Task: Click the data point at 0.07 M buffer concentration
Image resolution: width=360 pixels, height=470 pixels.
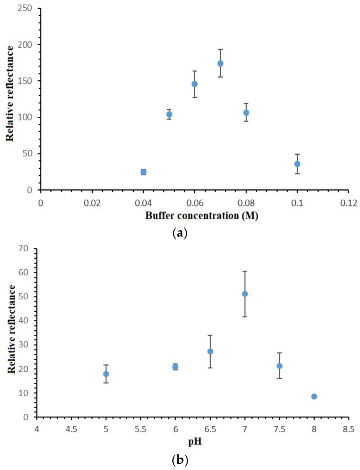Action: pos(220,63)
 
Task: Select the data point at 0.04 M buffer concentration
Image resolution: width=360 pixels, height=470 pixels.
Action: pos(143,172)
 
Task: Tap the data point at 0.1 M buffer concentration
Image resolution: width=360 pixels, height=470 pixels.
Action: pos(297,164)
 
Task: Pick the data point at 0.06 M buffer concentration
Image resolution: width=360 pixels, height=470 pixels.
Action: pos(194,84)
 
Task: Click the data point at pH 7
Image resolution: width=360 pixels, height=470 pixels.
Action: pos(245,294)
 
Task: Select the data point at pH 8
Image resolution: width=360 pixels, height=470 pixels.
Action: pos(314,397)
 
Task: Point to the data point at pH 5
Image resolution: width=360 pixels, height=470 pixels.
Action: pos(106,374)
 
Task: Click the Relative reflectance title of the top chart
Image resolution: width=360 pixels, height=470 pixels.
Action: pos(10,99)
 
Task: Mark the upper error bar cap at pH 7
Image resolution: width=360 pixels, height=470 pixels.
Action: pos(245,271)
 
